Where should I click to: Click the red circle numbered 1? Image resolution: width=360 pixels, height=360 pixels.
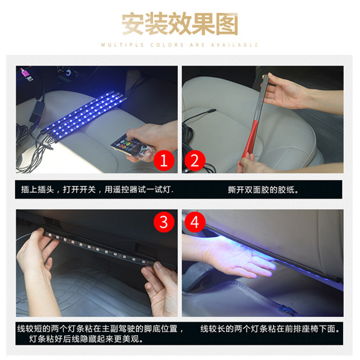coord(164,160)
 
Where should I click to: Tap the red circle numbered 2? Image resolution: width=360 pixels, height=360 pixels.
coord(195,160)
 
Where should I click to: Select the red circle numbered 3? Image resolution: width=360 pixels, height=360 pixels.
coord(164,222)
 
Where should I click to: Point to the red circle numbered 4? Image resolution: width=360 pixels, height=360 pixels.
coord(195,222)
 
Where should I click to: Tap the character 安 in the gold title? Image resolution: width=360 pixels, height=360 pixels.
coord(133,24)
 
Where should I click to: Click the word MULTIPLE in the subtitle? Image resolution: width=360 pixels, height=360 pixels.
coord(123,45)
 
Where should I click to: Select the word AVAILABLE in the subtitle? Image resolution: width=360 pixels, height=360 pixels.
coord(235,45)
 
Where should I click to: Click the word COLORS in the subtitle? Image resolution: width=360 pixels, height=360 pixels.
coord(167,45)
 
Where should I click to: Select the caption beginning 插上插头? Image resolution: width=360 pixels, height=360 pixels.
coord(98,190)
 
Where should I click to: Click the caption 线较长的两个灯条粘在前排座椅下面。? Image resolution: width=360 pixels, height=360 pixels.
coord(270,329)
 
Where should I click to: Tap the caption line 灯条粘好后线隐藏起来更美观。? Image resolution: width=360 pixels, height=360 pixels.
coord(86,339)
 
